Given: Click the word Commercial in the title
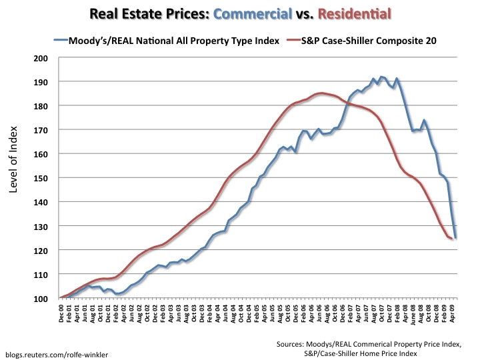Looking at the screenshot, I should tap(251, 13).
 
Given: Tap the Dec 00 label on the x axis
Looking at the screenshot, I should tap(62, 315).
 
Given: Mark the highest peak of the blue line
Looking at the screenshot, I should tap(381, 77).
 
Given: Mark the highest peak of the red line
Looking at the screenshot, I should tap(321, 93).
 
